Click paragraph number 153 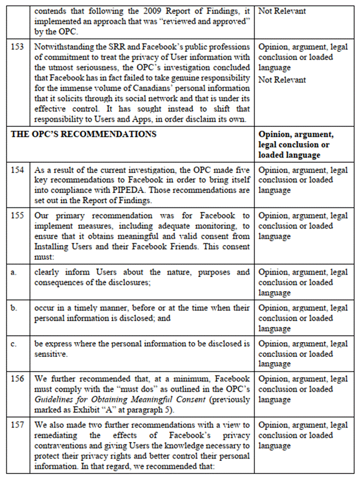coord(17,47)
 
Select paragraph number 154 coord(17,170)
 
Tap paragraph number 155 coord(17,216)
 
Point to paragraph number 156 coord(17,379)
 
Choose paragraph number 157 coord(17,425)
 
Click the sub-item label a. coord(13,272)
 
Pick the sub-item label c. coord(13,344)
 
